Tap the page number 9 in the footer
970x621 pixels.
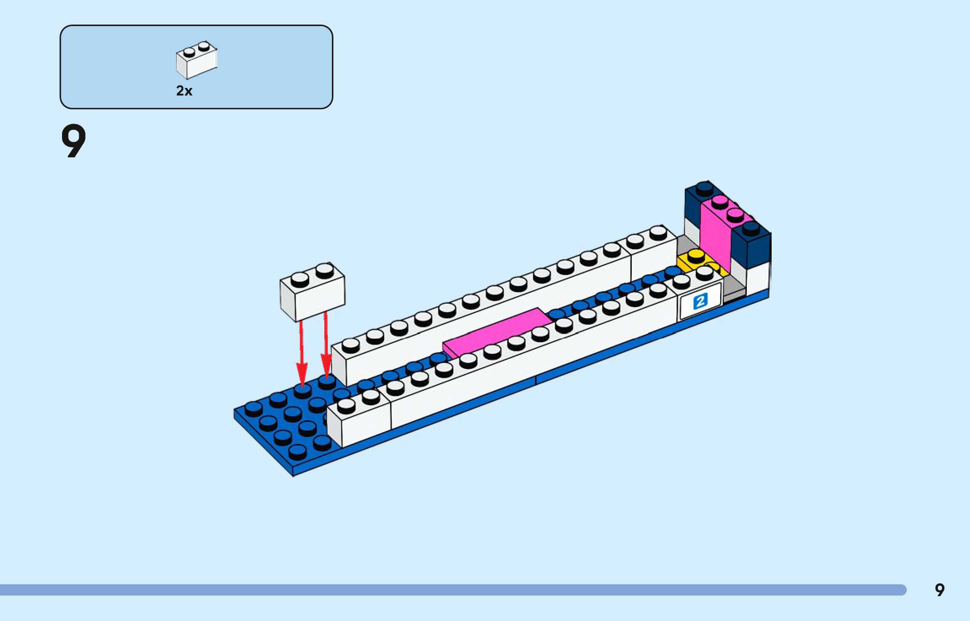pos(940,590)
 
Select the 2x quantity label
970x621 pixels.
pos(184,91)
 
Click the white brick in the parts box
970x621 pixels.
pos(196,61)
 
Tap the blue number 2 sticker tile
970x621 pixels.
pos(700,301)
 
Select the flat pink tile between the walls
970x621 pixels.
pos(497,332)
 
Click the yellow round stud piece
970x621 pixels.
pos(696,257)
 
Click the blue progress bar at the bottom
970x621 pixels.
pos(453,590)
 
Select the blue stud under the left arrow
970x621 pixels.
pos(302,390)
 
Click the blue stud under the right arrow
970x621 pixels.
pos(327,381)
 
